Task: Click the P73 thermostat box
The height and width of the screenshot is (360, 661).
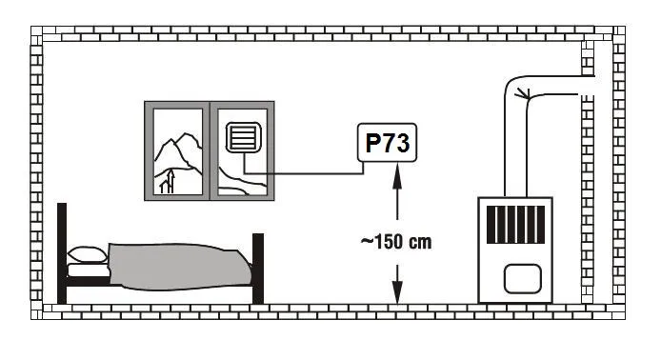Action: (x=387, y=143)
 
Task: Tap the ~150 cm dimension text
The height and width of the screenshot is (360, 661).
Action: (x=396, y=242)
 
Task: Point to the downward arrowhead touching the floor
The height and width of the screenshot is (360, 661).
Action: (x=397, y=290)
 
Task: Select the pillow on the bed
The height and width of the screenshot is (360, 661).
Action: (x=88, y=255)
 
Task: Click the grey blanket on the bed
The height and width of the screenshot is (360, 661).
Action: (x=179, y=267)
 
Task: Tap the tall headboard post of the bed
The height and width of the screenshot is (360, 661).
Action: (x=62, y=253)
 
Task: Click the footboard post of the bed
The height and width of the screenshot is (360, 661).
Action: (x=258, y=269)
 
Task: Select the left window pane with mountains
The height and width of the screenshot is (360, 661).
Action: (x=178, y=151)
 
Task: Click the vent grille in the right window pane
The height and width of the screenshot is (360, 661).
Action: (x=243, y=137)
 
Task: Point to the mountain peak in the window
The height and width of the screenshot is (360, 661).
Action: (x=185, y=135)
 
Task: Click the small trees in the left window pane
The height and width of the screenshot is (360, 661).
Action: (x=168, y=182)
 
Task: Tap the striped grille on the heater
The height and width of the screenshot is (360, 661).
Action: (x=515, y=225)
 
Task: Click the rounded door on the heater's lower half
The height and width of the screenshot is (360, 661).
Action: (x=523, y=279)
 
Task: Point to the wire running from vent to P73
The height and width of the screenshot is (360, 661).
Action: (x=303, y=172)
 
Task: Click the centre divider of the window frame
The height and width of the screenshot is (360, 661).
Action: (x=210, y=150)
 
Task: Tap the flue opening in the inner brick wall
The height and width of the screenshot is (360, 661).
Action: (x=588, y=85)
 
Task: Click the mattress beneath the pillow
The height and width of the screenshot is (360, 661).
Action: (x=89, y=270)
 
